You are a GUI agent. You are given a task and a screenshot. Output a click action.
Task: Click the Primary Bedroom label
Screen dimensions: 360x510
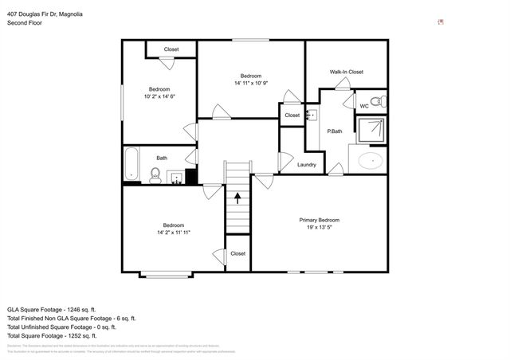[x=319, y=220]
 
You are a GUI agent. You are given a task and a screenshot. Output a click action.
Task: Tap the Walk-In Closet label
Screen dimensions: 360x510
[x=347, y=72]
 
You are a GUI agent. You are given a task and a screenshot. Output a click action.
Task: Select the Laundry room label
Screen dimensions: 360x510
[x=306, y=165]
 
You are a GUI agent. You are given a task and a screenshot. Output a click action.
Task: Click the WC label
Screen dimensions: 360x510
[x=363, y=105]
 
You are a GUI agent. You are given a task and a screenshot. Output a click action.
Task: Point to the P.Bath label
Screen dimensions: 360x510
[x=335, y=131]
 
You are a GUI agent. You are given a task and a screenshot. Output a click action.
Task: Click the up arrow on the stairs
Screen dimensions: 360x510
[x=236, y=195]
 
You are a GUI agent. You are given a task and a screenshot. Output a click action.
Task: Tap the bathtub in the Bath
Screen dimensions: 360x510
[x=131, y=164]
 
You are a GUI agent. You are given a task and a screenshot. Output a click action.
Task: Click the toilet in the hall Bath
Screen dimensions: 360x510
[x=156, y=175]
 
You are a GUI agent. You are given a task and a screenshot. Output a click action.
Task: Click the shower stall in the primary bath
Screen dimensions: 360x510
[x=370, y=131]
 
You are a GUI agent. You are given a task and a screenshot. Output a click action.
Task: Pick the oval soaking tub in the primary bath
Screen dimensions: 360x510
[x=371, y=162]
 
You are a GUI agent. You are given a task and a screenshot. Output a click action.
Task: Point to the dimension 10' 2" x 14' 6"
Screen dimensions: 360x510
[x=159, y=96]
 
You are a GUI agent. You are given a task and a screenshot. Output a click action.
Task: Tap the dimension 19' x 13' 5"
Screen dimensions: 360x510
[x=319, y=227]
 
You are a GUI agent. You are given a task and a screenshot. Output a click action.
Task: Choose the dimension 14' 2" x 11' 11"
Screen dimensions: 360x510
[x=174, y=232]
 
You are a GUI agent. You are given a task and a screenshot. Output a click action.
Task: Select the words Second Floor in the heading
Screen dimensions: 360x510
[x=25, y=23]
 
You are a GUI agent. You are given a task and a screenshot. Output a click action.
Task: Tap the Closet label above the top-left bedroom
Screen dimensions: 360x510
[x=171, y=49]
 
